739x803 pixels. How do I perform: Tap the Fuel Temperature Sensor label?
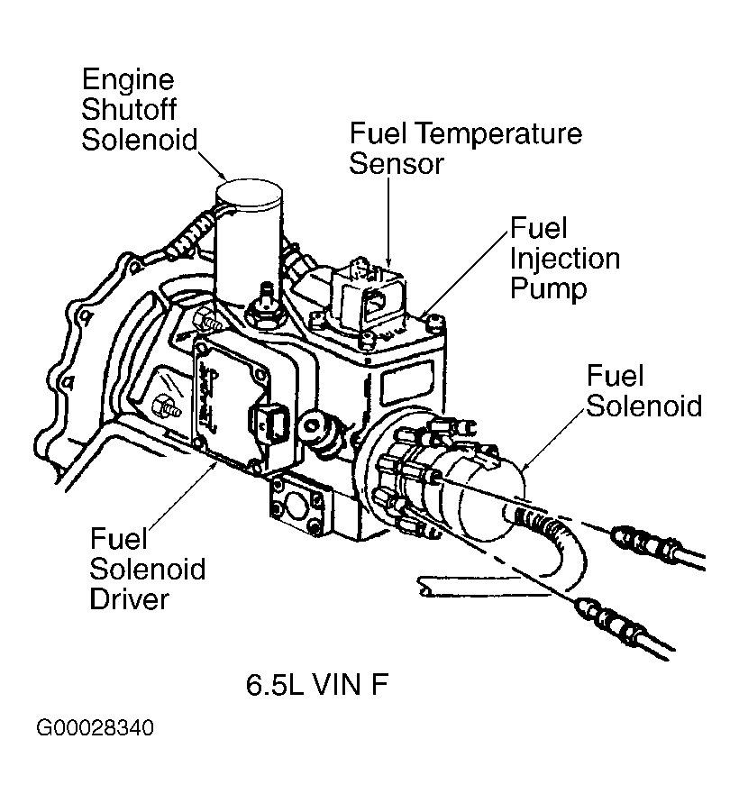(465, 149)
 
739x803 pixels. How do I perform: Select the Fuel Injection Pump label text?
(564, 258)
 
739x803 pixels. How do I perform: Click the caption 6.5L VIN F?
(317, 685)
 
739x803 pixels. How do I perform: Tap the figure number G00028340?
(95, 727)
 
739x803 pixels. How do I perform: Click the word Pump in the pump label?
(548, 288)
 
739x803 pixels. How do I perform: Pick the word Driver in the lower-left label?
(130, 598)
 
